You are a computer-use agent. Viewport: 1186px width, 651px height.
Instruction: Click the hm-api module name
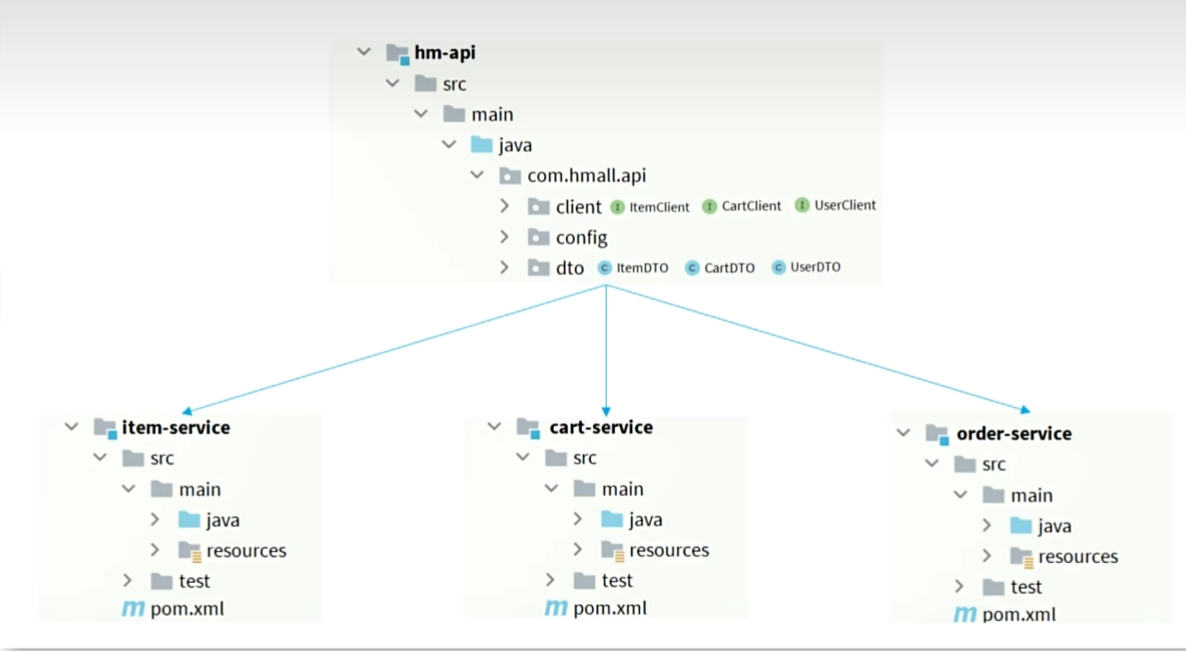(x=444, y=53)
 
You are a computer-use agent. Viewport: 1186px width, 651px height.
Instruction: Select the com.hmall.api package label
(x=587, y=176)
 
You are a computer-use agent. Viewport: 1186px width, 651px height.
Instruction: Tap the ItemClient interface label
(x=659, y=207)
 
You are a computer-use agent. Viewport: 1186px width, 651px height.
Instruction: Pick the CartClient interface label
(x=751, y=206)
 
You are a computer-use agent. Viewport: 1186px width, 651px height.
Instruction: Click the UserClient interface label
(x=845, y=205)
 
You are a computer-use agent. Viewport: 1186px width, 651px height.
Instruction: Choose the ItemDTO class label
(x=642, y=268)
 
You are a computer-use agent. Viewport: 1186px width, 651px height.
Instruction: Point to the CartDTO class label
(x=729, y=268)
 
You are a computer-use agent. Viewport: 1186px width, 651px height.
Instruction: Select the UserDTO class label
(x=815, y=267)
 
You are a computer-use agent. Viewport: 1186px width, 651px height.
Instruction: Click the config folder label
(x=581, y=238)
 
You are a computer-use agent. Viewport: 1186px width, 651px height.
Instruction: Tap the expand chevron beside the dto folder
(x=505, y=267)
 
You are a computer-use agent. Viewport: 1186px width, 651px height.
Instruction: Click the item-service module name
(x=176, y=427)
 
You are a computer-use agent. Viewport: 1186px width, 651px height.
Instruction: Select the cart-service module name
(x=601, y=427)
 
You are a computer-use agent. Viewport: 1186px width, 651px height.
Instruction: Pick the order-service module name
(x=1014, y=433)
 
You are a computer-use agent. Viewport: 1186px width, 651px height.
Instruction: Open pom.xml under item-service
(x=187, y=609)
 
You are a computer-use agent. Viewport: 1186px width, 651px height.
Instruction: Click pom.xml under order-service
(x=1019, y=615)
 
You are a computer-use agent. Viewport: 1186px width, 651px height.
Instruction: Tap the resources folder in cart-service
(x=669, y=550)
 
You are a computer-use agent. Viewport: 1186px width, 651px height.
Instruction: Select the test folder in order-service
(x=1026, y=588)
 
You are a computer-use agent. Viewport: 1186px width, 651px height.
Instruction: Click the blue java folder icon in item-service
(x=189, y=520)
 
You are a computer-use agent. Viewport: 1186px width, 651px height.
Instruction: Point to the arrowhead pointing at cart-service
(x=606, y=411)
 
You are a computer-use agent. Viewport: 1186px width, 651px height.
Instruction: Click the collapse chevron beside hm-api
(x=365, y=53)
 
